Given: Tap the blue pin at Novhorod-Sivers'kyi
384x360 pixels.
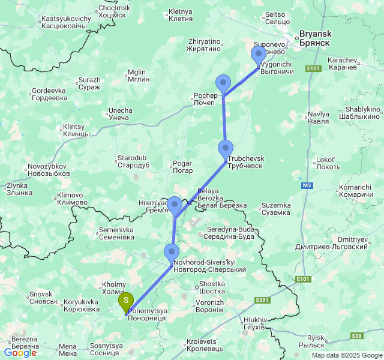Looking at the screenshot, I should coord(172,253).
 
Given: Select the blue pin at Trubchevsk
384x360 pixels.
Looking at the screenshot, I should coord(226,149).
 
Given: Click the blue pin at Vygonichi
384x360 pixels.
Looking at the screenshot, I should coord(259,56).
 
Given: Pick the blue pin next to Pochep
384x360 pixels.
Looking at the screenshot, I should coord(223,84).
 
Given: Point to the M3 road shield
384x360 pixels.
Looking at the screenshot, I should coord(307,185).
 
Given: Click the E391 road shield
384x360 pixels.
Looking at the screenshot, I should coord(262,299).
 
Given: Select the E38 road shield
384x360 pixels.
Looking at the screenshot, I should coord(356,336).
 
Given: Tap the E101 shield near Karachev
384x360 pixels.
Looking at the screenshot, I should coord(313,69).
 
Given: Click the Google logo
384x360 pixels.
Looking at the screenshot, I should coord(20,353).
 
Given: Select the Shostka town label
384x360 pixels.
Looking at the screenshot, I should coord(212,287).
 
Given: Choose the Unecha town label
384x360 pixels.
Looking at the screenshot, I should coord(119,114).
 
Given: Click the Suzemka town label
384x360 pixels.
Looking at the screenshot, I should coord(276,209).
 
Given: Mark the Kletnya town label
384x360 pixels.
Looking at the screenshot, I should coord(181,15).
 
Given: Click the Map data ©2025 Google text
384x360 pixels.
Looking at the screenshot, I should coord(346,355).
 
